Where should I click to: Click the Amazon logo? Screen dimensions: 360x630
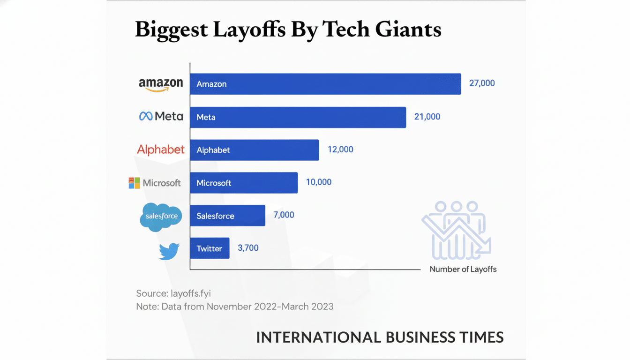click(x=161, y=85)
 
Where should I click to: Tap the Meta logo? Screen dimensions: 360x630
click(x=161, y=116)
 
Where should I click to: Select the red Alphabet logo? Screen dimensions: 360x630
click(x=161, y=150)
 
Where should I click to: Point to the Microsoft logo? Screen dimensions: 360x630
click(x=155, y=183)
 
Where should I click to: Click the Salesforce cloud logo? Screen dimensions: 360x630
click(x=161, y=217)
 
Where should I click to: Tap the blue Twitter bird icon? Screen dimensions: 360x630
click(x=169, y=251)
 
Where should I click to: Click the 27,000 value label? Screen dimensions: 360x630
click(x=481, y=83)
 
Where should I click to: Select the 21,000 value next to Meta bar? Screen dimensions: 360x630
click(x=427, y=117)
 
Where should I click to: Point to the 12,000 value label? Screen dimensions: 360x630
click(x=340, y=150)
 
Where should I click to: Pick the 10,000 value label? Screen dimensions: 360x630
click(x=318, y=182)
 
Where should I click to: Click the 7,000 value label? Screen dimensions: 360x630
click(x=284, y=215)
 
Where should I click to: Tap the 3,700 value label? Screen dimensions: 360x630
click(x=248, y=248)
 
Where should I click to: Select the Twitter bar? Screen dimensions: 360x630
click(x=210, y=248)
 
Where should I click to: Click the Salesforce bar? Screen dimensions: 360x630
click(x=227, y=216)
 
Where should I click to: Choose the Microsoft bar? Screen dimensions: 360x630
click(x=244, y=183)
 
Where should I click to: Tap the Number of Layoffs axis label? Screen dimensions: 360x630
click(x=463, y=269)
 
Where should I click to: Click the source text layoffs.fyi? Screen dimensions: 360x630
click(x=191, y=293)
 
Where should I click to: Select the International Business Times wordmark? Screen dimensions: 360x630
click(x=380, y=337)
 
